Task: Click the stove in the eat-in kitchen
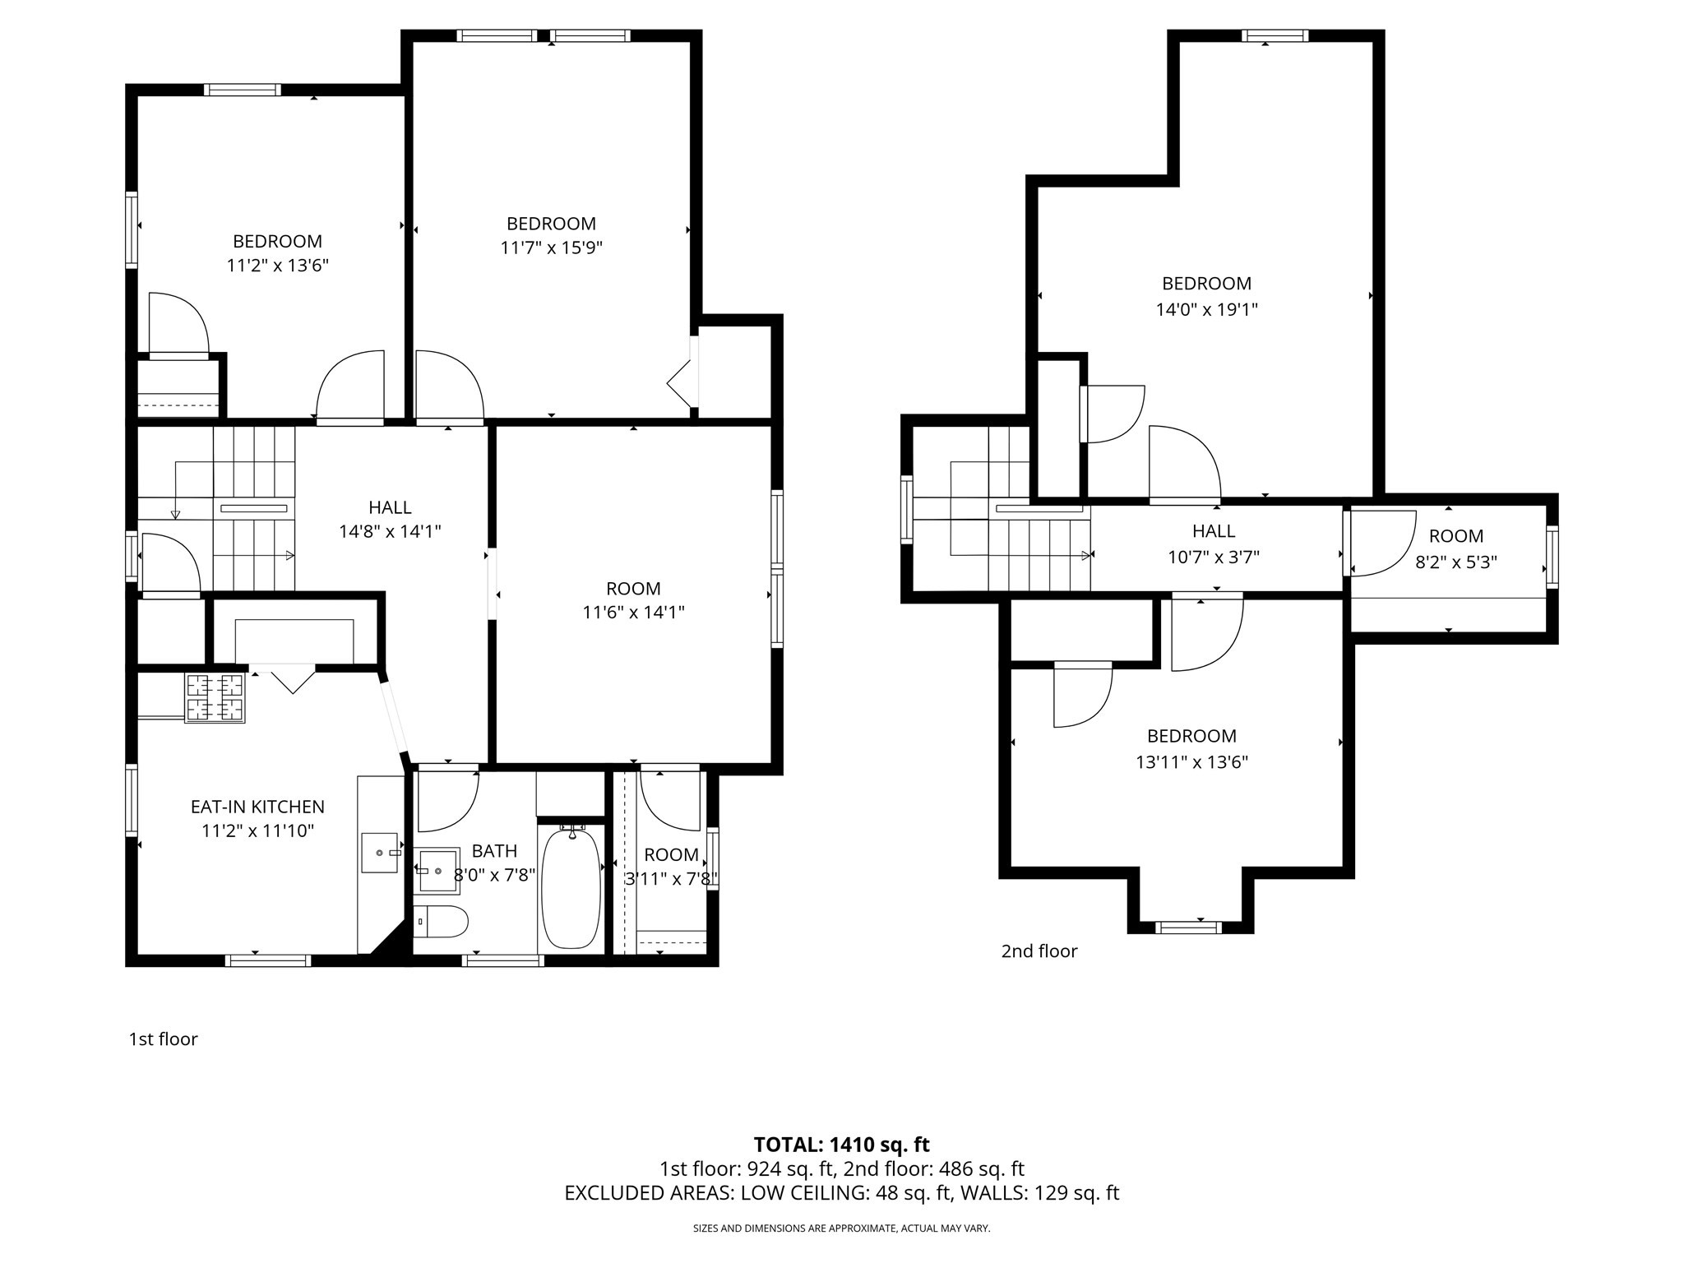click(215, 697)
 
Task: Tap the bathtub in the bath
click(571, 888)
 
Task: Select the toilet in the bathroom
click(440, 922)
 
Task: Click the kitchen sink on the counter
click(380, 853)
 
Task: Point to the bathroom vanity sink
click(437, 870)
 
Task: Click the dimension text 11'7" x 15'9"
click(551, 248)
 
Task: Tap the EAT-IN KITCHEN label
click(257, 807)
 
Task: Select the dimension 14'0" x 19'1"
click(1206, 309)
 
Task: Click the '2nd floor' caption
click(1039, 951)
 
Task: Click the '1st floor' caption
click(163, 1039)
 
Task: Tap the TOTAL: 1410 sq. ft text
click(841, 1144)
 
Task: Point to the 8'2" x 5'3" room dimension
click(1455, 562)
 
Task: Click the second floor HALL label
click(1214, 531)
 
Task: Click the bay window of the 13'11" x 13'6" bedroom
click(1188, 928)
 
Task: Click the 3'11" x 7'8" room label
click(671, 854)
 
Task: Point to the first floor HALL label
click(390, 507)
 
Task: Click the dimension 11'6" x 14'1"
click(633, 612)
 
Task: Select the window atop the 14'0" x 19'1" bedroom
click(1275, 35)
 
